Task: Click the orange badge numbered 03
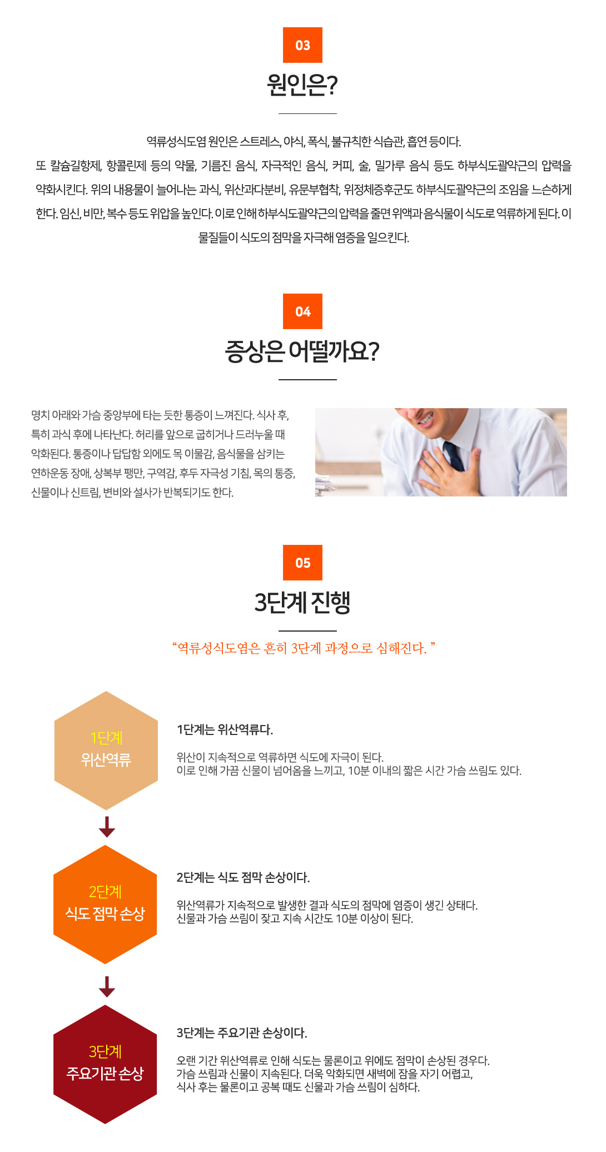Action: (302, 45)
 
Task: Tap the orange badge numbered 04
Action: (302, 311)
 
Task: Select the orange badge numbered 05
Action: (302, 563)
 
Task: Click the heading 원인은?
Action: (302, 85)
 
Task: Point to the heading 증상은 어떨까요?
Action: (302, 351)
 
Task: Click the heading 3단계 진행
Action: (302, 603)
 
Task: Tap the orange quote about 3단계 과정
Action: (304, 648)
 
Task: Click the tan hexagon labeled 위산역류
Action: (106, 751)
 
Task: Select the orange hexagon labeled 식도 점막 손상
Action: (105, 905)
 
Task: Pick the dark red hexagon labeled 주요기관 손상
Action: (105, 1064)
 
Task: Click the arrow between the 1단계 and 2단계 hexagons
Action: (107, 827)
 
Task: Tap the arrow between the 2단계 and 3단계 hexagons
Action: (107, 987)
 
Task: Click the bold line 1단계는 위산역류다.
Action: (225, 729)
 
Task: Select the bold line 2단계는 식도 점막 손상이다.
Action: (243, 877)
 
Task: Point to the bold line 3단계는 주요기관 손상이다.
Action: (242, 1033)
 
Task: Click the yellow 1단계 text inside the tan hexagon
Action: (106, 738)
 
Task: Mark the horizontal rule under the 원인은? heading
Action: (307, 113)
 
